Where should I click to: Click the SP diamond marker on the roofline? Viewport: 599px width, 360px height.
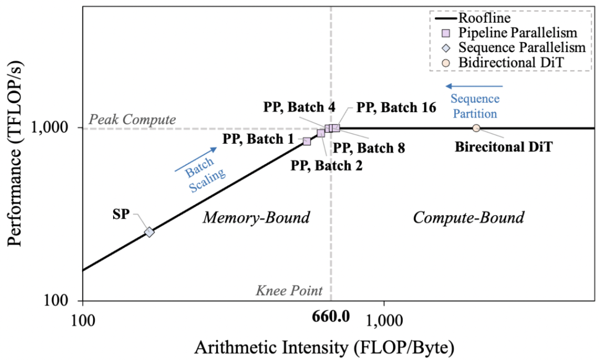(149, 232)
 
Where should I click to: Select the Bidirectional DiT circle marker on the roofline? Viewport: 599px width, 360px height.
(476, 128)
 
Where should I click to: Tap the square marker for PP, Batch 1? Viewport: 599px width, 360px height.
(307, 141)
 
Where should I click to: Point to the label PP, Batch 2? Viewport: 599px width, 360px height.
(327, 165)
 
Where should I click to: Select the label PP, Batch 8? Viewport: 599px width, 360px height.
(368, 148)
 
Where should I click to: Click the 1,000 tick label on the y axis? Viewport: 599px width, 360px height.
(57, 128)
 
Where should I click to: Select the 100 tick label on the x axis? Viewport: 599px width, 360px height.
(82, 321)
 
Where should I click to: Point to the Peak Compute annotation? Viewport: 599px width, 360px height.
(133, 119)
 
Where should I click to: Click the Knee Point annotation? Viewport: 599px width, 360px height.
(288, 290)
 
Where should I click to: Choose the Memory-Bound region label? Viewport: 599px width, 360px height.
(256, 217)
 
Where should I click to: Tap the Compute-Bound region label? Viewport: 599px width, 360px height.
(468, 217)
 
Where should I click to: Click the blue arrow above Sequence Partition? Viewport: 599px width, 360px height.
(475, 87)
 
